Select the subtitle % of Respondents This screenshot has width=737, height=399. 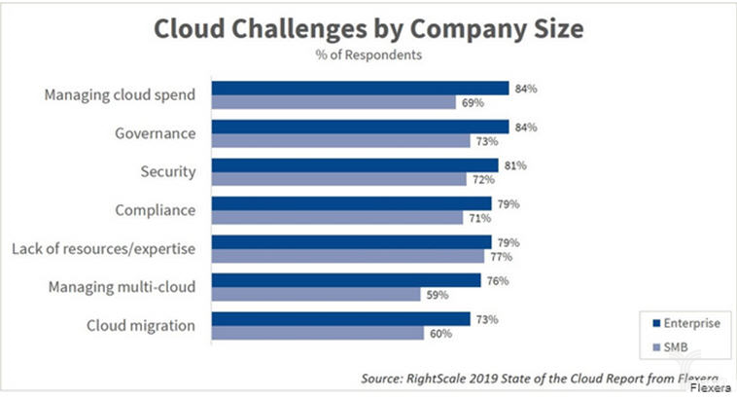click(368, 55)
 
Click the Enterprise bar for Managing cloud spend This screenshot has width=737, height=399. click(361, 89)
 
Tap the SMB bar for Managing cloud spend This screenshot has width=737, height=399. click(334, 102)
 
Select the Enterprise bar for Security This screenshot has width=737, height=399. click(355, 165)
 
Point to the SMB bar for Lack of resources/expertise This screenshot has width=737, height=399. click(348, 256)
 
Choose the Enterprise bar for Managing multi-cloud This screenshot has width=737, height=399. click(346, 280)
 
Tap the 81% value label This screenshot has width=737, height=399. click(514, 165)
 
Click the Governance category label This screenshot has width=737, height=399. click(154, 133)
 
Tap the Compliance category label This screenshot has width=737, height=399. click(153, 210)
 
